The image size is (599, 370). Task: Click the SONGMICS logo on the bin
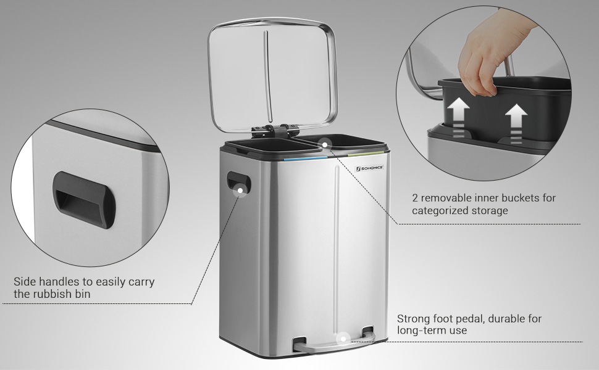click(x=369, y=168)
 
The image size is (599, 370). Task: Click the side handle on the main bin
click(x=239, y=183)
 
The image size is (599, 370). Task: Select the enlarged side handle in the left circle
click(x=83, y=200)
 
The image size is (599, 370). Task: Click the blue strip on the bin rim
click(x=305, y=158)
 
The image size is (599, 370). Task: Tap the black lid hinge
click(x=275, y=131)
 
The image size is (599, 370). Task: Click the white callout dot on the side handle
click(x=240, y=189)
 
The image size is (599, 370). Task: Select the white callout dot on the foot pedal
click(x=343, y=339)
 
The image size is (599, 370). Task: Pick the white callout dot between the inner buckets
click(x=324, y=144)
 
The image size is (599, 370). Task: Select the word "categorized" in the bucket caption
click(x=444, y=211)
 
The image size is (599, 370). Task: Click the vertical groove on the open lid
click(x=268, y=72)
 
